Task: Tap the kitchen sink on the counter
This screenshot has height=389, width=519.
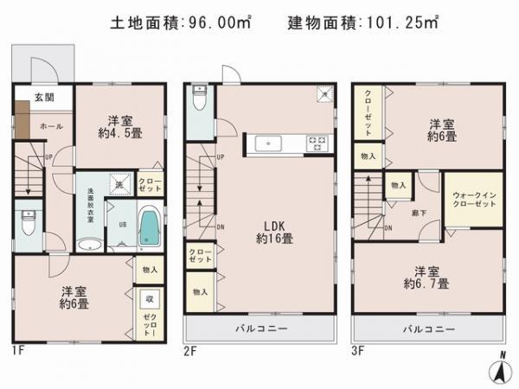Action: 266,143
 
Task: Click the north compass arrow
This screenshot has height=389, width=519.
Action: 499,370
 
